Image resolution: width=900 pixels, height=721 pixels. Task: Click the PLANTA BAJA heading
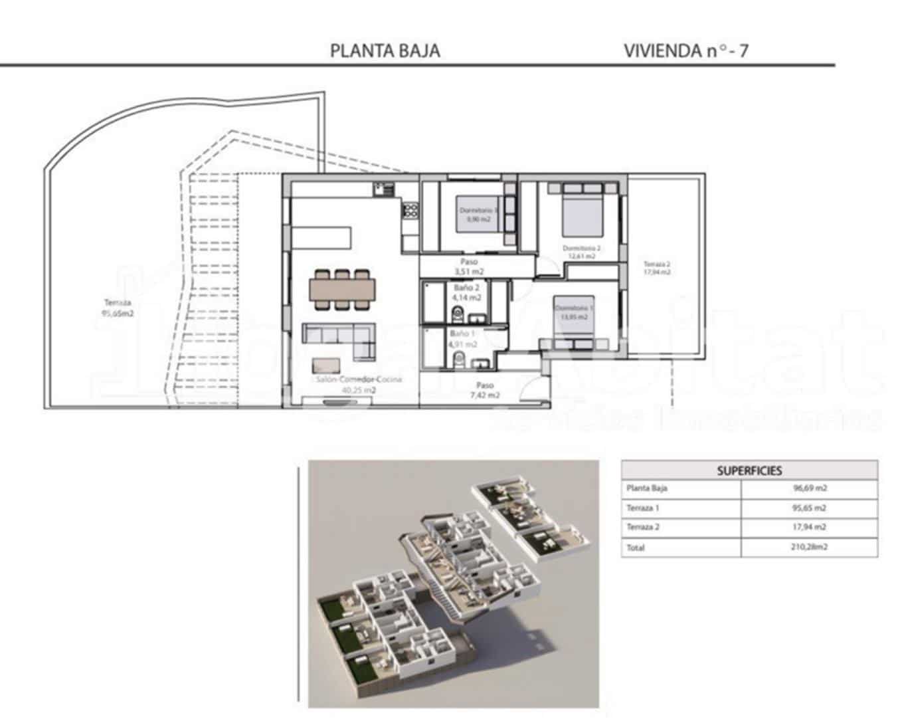[385, 51]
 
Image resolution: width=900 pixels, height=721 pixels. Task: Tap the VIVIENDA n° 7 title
[685, 51]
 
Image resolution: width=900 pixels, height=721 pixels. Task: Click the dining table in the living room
[342, 290]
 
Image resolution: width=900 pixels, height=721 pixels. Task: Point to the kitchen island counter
[320, 237]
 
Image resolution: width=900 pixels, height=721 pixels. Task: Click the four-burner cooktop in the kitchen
[410, 212]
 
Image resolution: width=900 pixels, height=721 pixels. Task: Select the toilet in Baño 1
[458, 361]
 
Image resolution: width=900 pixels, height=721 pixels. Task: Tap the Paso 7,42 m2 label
[484, 390]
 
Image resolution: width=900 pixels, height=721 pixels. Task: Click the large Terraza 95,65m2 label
[117, 308]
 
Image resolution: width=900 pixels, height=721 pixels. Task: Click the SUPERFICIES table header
[749, 470]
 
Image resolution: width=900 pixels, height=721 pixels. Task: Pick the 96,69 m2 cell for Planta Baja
[810, 488]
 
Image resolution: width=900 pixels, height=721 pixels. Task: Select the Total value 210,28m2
[810, 548]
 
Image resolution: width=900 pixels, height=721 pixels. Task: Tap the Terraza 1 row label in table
[643, 508]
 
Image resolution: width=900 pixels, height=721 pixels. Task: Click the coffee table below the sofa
[327, 365]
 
